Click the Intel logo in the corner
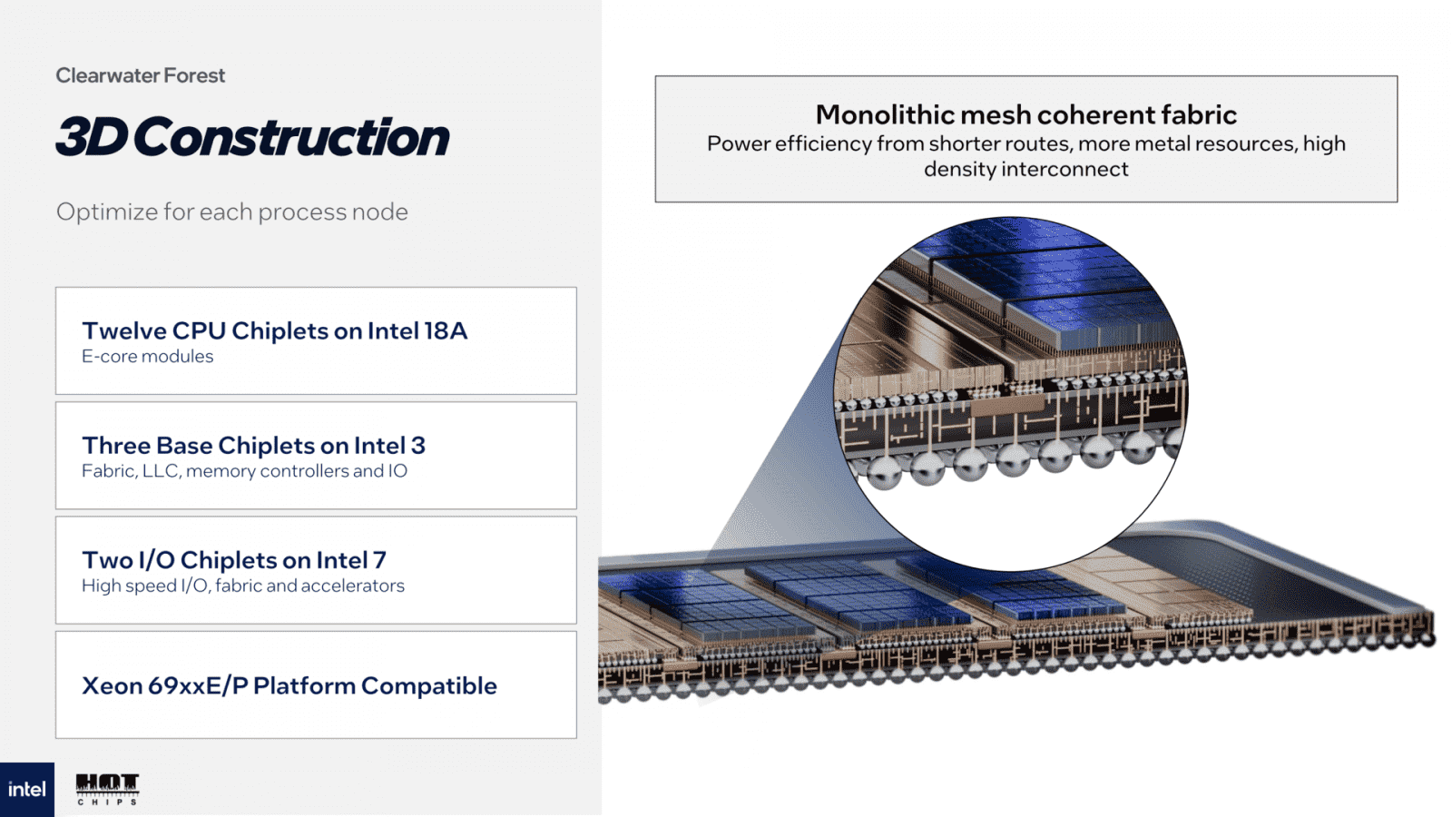(x=26, y=790)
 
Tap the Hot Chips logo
(x=107, y=788)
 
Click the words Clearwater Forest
(x=140, y=75)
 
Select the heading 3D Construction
(x=252, y=137)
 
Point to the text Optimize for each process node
(x=231, y=212)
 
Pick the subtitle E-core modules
(x=148, y=357)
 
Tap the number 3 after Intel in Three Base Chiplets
(x=417, y=446)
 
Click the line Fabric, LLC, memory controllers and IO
(x=244, y=471)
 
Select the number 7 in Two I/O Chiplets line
(x=379, y=560)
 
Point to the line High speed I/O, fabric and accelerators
(x=243, y=586)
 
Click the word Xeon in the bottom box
(x=112, y=685)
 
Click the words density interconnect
(x=1026, y=169)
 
